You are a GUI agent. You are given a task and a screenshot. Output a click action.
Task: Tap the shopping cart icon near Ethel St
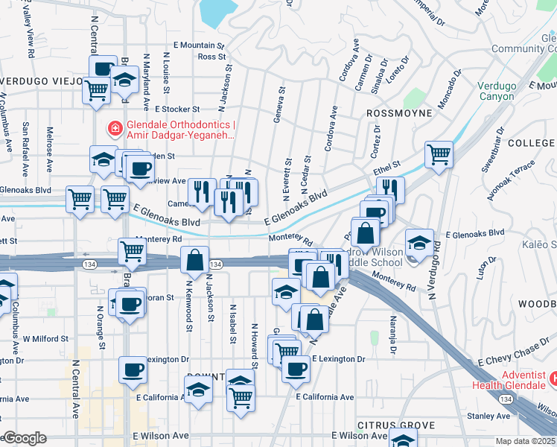pyautogui.click(x=439, y=155)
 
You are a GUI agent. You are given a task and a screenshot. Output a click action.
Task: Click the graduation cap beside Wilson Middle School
pyautogui.click(x=419, y=243)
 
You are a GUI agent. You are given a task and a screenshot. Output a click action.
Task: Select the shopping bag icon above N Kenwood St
pyautogui.click(x=194, y=260)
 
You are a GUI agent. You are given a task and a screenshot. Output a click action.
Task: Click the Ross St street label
pyautogui.click(x=212, y=57)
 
